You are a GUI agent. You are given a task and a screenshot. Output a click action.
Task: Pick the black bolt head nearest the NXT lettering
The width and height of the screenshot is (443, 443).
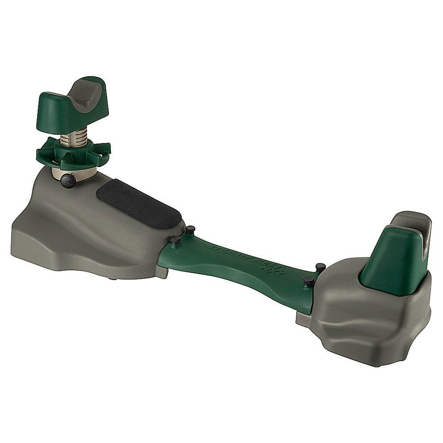click(x=309, y=281)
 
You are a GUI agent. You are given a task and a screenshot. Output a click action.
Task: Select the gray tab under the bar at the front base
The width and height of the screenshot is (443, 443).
click(x=162, y=272)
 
